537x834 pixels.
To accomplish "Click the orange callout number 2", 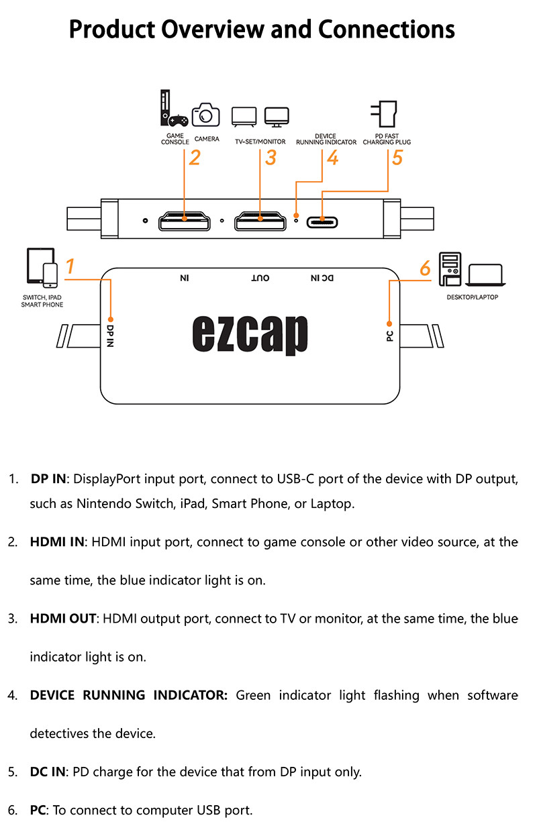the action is [x=195, y=158].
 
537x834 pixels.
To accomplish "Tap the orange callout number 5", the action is [x=397, y=157].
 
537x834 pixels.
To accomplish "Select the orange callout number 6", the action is [x=425, y=268].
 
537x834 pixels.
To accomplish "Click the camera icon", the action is [x=205, y=115].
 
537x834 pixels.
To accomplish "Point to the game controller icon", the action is [x=178, y=120].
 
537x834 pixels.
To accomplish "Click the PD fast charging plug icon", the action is [x=383, y=113].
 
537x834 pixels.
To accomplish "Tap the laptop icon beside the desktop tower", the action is [x=485, y=275].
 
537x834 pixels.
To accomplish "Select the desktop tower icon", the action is [x=450, y=269].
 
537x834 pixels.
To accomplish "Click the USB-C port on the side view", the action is [x=322, y=222].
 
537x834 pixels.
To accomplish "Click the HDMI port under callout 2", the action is [x=185, y=221].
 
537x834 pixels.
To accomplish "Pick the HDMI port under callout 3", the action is [x=260, y=221].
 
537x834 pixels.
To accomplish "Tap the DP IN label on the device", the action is [x=110, y=336].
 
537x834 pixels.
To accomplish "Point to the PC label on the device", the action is [x=389, y=336].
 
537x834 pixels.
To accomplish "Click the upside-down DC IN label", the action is [x=322, y=278].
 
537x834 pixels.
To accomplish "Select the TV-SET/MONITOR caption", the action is [x=260, y=142].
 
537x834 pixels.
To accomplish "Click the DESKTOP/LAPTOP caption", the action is [x=472, y=297].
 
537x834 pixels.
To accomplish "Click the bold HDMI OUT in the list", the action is [x=63, y=619].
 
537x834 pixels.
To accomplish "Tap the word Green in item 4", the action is [x=253, y=695].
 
